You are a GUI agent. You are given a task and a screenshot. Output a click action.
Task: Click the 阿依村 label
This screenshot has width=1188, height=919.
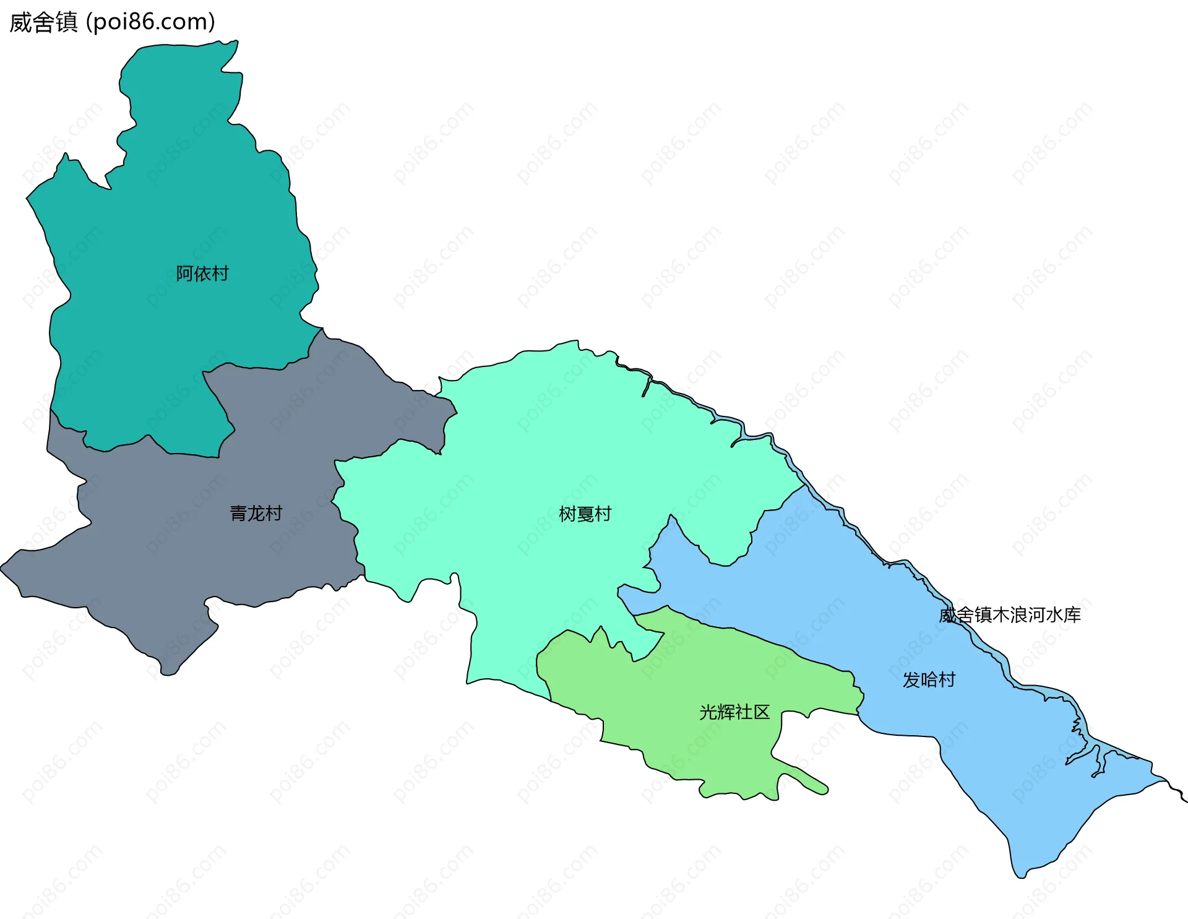(x=202, y=274)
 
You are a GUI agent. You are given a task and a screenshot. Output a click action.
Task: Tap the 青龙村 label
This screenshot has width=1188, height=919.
(x=256, y=513)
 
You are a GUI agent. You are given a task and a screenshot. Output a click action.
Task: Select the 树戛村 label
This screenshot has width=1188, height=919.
(x=585, y=514)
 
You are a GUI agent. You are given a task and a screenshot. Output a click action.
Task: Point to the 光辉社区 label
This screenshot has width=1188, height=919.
(x=734, y=712)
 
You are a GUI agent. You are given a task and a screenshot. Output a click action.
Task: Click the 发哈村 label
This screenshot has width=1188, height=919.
(x=929, y=680)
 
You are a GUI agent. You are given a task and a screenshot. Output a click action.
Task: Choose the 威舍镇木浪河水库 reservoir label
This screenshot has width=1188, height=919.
(x=1010, y=615)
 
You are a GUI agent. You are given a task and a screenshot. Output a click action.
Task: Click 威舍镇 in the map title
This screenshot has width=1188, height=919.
(x=43, y=22)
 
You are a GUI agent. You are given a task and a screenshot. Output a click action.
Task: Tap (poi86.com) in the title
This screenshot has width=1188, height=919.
(x=150, y=22)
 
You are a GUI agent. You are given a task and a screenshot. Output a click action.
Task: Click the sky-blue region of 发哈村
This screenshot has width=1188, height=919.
(x=866, y=588)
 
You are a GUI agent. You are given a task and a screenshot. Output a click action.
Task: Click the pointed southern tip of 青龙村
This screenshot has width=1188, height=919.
(x=168, y=671)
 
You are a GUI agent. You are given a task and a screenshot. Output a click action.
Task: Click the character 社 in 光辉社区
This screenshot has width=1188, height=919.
(x=744, y=712)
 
